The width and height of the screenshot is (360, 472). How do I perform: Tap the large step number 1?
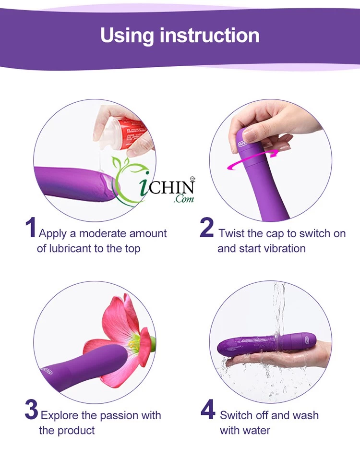[x=30, y=228]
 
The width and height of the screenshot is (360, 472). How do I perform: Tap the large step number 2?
[x=207, y=228]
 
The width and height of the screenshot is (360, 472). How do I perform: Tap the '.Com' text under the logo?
[x=184, y=198]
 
